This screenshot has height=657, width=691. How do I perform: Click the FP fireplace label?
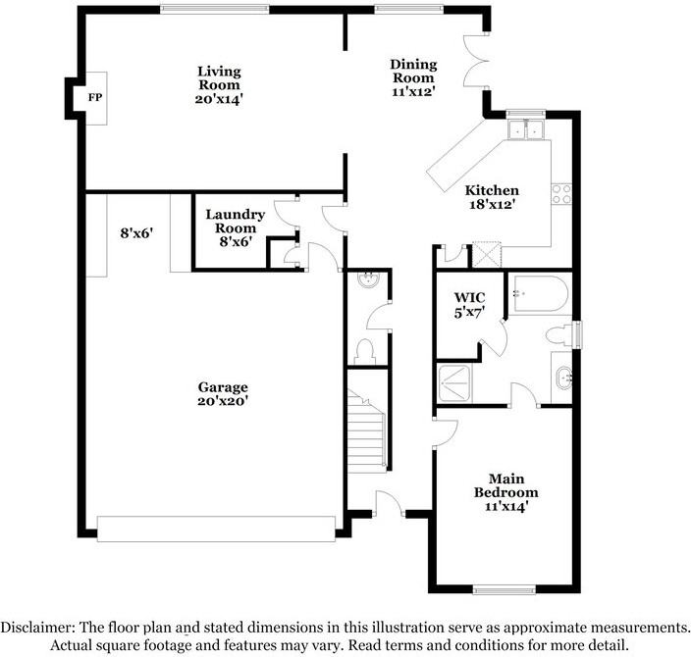pyautogui.click(x=95, y=97)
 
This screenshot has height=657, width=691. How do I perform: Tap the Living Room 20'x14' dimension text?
pyautogui.click(x=219, y=99)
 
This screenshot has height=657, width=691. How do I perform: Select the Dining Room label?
pyautogui.click(x=413, y=71)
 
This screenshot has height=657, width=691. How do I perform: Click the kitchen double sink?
pyautogui.click(x=526, y=129)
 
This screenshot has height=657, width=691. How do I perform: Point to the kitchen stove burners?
pyautogui.click(x=561, y=194)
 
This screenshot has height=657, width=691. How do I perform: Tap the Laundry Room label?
pyautogui.click(x=236, y=221)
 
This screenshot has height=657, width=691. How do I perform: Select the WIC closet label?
pyautogui.click(x=469, y=297)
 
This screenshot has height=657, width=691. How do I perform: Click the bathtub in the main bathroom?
pyautogui.click(x=541, y=294)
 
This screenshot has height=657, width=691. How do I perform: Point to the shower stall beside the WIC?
pyautogui.click(x=454, y=383)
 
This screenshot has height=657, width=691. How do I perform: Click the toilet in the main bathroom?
pyautogui.click(x=559, y=335)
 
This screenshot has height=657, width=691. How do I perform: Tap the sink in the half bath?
pyautogui.click(x=368, y=280)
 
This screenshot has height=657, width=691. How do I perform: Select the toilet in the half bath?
pyautogui.click(x=365, y=351)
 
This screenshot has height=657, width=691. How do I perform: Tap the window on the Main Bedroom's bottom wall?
pyautogui.click(x=505, y=589)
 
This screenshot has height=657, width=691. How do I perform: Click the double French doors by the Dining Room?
pyautogui.click(x=476, y=61)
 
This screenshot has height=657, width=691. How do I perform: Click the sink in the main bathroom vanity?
pyautogui.click(x=564, y=378)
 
